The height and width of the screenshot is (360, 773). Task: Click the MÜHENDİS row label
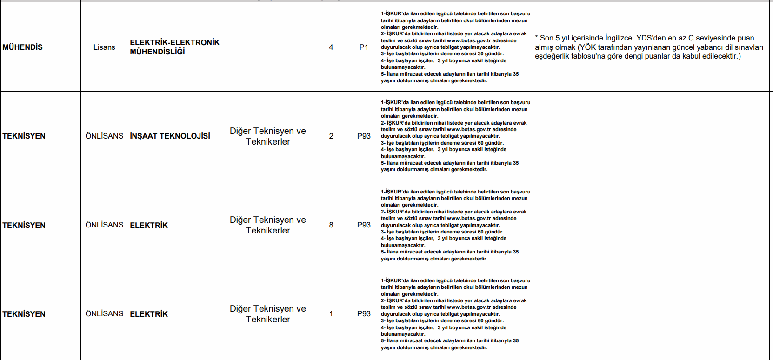pos(22,47)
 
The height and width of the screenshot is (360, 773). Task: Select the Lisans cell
pos(104,47)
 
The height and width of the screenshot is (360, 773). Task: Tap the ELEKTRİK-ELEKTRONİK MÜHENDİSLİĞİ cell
pos(174,47)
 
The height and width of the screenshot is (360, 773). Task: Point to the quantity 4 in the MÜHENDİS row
pos(331,47)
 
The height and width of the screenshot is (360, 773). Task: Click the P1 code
pos(364,47)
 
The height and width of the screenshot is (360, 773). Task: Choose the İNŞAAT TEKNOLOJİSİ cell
pos(170,136)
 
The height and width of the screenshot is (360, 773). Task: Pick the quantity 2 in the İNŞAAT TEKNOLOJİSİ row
pos(331,136)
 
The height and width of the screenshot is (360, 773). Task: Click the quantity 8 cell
pos(331,225)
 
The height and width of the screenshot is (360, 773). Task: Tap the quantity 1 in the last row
pos(331,313)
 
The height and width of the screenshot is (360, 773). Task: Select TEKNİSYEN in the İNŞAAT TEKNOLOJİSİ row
pos(24,136)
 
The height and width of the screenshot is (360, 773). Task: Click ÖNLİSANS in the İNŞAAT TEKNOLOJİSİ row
pos(104,136)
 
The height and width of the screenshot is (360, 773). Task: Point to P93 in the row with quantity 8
pos(364,225)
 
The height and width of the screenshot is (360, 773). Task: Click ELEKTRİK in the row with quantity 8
pos(149,225)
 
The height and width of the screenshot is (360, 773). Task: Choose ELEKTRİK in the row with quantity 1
pos(149,314)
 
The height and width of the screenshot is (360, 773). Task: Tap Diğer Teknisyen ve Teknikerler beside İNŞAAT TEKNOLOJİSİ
pos(268,136)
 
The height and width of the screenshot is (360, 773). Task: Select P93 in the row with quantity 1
pos(364,313)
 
